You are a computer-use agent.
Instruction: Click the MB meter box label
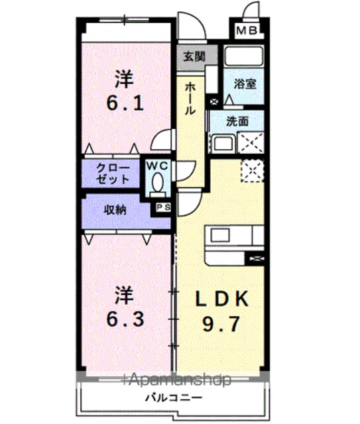click(247, 30)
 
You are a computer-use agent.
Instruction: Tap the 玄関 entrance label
click(194, 56)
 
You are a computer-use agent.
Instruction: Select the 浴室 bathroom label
click(245, 84)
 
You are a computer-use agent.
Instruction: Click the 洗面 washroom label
click(237, 121)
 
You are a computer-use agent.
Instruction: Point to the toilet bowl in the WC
click(158, 184)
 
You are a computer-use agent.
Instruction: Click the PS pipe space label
click(164, 207)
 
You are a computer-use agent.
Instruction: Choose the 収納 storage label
click(115, 210)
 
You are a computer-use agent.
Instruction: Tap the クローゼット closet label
click(113, 174)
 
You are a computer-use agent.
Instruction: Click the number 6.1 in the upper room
click(125, 103)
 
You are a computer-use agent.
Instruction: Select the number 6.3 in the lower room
click(125, 319)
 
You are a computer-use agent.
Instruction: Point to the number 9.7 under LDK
click(221, 324)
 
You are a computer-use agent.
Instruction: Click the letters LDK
click(221, 298)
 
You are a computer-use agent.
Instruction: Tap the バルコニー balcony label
click(174, 397)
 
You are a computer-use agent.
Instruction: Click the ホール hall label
click(190, 99)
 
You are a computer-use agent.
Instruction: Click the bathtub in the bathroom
click(244, 56)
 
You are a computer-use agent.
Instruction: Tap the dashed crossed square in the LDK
click(253, 171)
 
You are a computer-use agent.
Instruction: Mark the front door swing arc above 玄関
click(198, 23)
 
